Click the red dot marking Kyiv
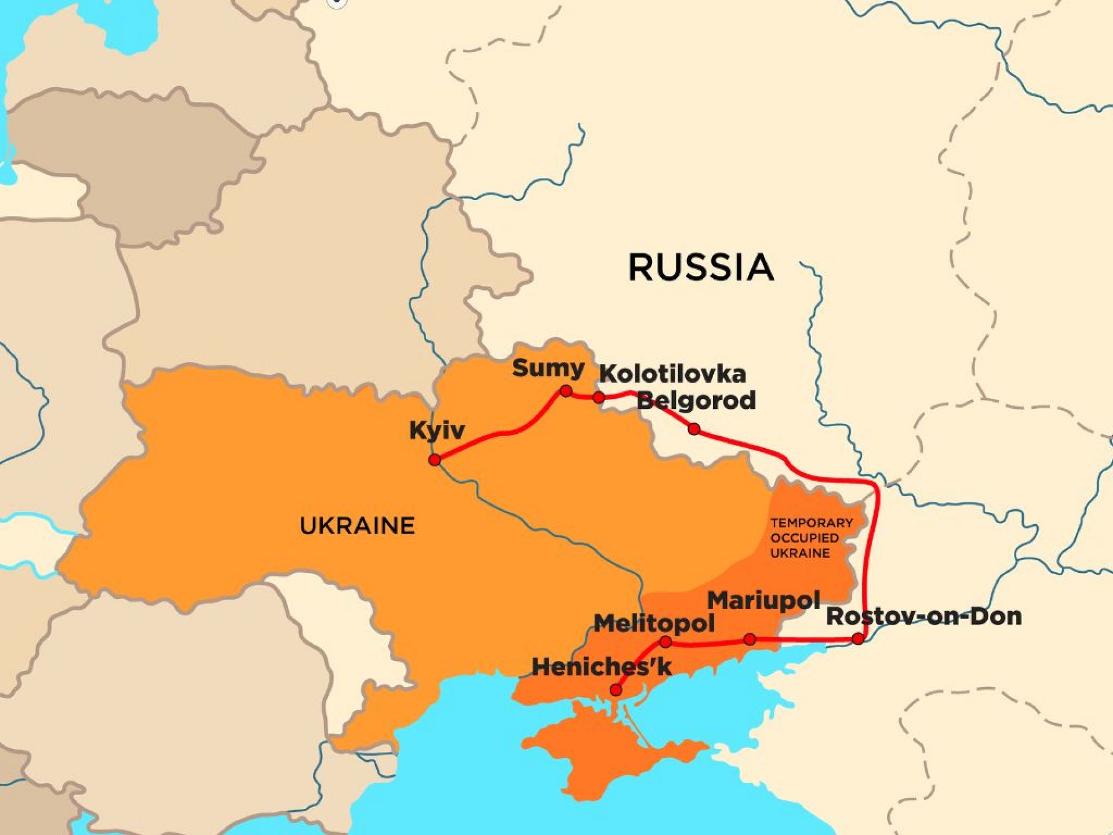coord(435,460)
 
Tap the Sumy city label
coord(548,368)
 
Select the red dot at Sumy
coord(566,391)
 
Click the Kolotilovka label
coord(672,374)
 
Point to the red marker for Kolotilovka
coord(599,397)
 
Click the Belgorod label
coord(696,400)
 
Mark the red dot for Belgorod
coord(694,429)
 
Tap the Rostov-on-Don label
coord(923,616)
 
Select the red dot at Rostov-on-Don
coord(859,638)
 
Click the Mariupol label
coord(763,601)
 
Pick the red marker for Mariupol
coord(750,639)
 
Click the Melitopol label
coord(654,624)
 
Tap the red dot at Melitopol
coord(665,642)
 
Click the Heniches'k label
coord(601,667)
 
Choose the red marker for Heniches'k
coord(616,690)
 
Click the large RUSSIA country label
coord(701,267)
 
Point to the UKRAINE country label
coord(357,526)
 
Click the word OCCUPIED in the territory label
coord(804,538)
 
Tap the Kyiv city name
coord(437,431)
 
